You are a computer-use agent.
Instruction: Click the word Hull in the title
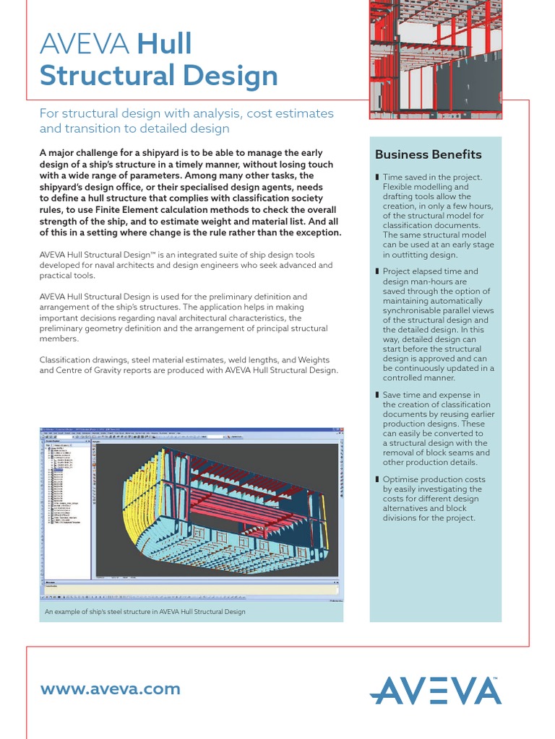point(165,44)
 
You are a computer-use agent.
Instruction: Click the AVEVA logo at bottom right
point(435,690)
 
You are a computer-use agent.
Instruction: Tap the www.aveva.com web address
point(111,688)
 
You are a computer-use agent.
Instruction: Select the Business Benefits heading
point(428,154)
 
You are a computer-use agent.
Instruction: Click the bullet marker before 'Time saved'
point(377,178)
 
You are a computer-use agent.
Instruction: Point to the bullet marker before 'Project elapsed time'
point(377,271)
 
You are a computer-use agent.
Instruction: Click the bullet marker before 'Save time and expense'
point(377,395)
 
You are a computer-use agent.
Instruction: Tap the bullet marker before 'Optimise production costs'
point(377,479)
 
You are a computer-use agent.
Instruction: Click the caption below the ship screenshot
point(145,611)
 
